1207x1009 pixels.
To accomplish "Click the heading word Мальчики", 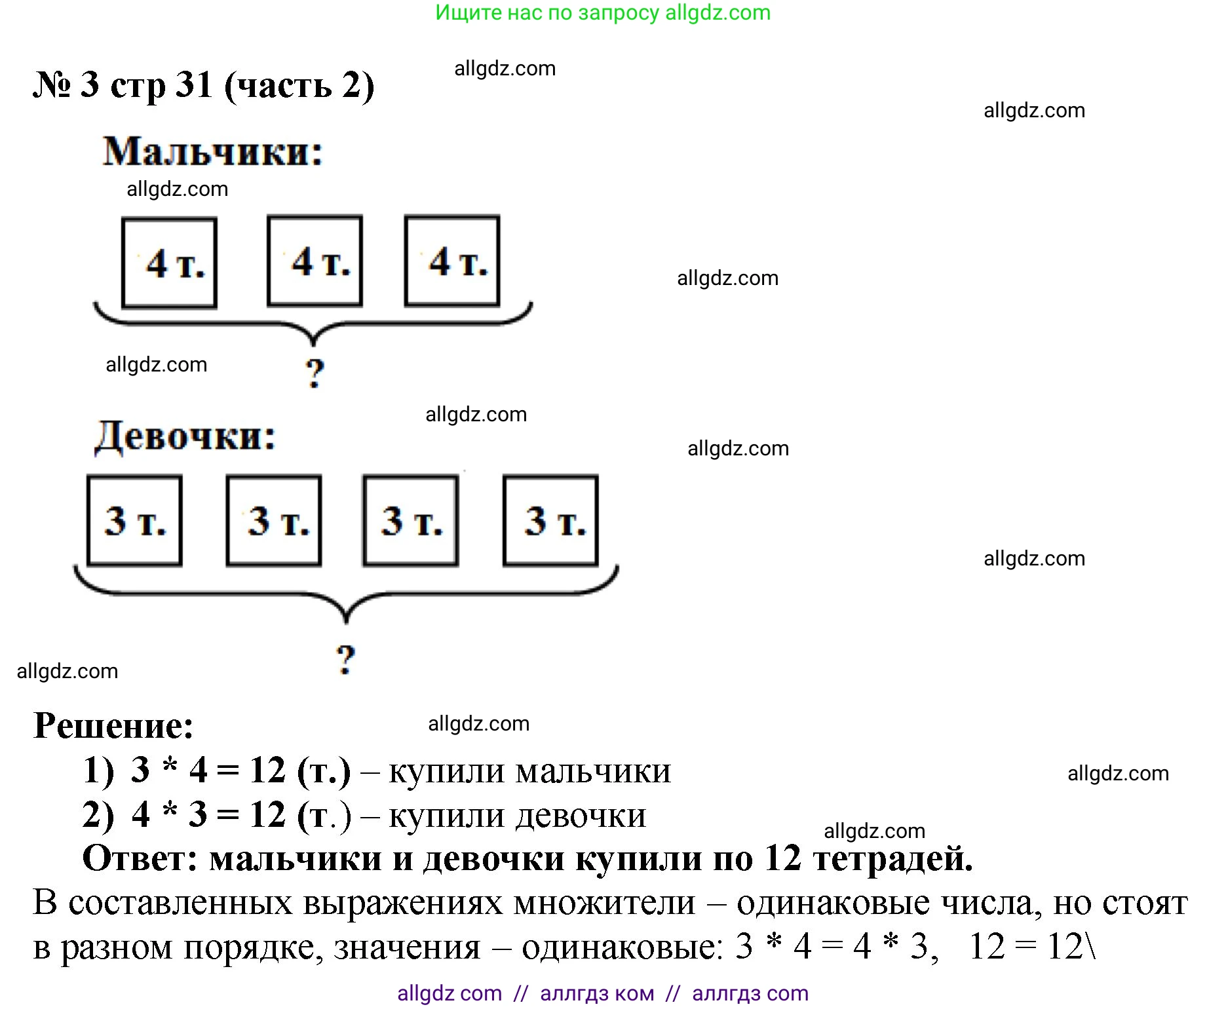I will tap(213, 152).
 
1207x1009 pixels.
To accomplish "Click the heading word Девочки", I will tap(185, 436).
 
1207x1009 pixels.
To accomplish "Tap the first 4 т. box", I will tap(169, 263).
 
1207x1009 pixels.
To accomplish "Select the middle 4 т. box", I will tap(315, 261).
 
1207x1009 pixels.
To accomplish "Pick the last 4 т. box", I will tap(452, 261).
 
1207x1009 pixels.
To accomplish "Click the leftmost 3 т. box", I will tap(134, 520).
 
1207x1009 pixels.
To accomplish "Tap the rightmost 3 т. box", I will tap(550, 520).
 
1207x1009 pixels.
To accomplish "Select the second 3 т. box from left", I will tap(274, 520).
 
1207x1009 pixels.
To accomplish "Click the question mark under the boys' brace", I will tap(315, 373).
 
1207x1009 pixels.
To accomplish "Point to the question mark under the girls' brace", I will tap(345, 659).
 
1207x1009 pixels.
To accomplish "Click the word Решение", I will tap(113, 726).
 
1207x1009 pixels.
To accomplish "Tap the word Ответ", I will tap(140, 858).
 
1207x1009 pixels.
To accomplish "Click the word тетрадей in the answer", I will tap(892, 858).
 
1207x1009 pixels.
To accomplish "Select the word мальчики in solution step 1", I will tap(594, 771).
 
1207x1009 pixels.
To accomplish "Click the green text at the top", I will tap(603, 12).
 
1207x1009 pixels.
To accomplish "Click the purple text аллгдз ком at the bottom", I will tap(597, 993).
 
